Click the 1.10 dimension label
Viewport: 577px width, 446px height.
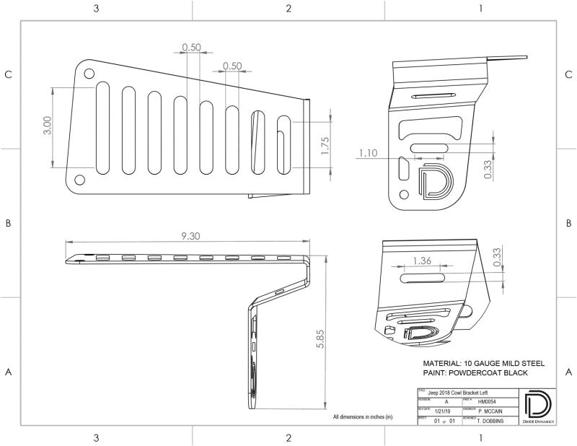(x=367, y=152)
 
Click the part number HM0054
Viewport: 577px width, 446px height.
(x=488, y=401)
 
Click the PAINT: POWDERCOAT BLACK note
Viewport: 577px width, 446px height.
(x=475, y=372)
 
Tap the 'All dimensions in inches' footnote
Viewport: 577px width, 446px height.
(x=363, y=417)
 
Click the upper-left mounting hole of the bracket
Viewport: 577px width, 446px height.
(x=88, y=74)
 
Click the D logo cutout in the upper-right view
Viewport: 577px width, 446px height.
(x=433, y=181)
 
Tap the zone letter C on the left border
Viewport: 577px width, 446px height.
(x=9, y=74)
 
